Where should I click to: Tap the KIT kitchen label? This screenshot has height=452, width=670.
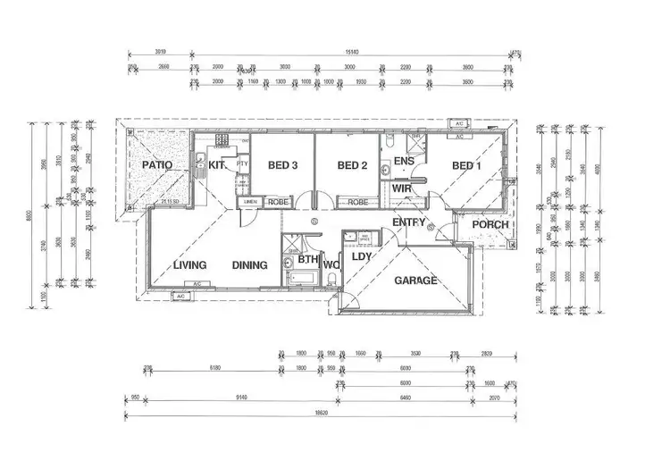217,165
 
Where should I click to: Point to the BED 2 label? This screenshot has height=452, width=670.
352,165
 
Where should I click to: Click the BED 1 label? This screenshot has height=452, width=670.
467,165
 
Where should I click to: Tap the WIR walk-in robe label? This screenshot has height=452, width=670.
401,189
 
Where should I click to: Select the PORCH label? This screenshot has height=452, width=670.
490,224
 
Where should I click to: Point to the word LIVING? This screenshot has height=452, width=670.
190,265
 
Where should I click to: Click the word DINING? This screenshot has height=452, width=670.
250,265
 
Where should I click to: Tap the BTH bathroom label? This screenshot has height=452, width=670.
308,260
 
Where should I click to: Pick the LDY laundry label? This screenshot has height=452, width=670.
361,257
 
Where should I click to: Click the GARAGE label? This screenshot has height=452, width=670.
416,280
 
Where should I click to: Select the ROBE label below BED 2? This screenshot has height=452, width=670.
358,203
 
